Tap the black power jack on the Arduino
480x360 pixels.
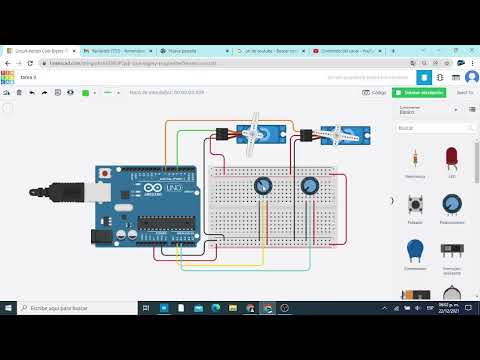(x=99, y=237)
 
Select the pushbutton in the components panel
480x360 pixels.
(x=414, y=204)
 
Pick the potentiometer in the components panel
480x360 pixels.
(x=452, y=204)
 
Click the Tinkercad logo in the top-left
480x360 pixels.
(x=8, y=76)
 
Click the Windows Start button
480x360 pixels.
(x=8, y=309)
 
